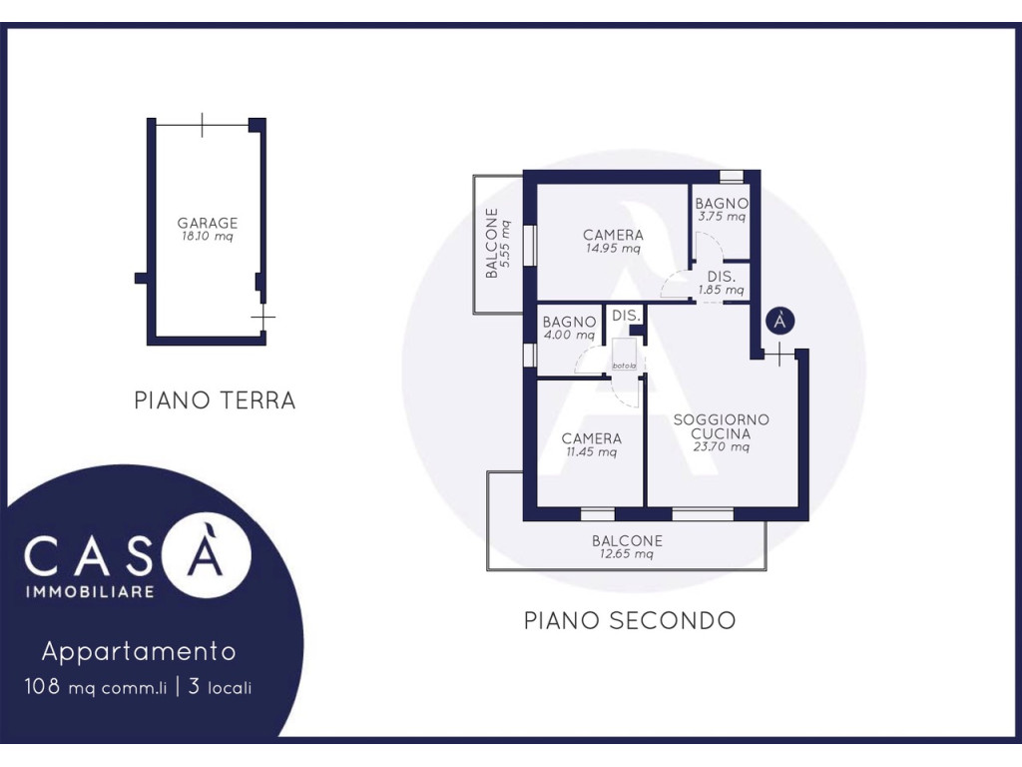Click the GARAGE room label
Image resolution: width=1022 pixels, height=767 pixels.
[x=208, y=223]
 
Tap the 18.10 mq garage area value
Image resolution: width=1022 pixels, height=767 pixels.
[x=208, y=236]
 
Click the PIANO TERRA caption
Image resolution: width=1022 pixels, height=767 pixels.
[x=216, y=399]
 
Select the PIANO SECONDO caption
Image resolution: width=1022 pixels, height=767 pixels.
[x=630, y=620]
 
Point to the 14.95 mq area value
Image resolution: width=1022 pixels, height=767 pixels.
[x=613, y=249]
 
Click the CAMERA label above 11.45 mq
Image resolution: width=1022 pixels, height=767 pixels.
[x=591, y=438]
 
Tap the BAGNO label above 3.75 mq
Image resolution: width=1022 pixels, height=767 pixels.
[x=722, y=204]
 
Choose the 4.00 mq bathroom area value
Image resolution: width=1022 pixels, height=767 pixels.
[x=569, y=336]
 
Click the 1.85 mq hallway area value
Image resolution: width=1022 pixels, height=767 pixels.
[x=721, y=291]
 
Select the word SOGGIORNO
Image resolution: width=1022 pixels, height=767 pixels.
[x=721, y=419]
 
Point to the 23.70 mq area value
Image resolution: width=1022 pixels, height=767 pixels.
[x=721, y=447]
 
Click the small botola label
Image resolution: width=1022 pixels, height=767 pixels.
[x=624, y=366]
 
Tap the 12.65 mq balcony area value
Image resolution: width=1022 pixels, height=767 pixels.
[x=627, y=554]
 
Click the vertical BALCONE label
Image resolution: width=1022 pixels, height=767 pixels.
[x=492, y=244]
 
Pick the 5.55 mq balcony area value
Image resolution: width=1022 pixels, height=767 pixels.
[x=506, y=244]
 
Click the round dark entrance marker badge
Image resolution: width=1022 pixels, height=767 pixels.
[x=780, y=321]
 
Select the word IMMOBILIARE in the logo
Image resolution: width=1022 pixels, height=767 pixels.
[x=90, y=592]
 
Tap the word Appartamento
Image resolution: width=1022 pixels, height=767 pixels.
[x=139, y=651]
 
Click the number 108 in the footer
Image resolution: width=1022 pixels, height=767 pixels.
[x=42, y=686]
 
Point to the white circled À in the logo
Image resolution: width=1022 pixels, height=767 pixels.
[x=206, y=553]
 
